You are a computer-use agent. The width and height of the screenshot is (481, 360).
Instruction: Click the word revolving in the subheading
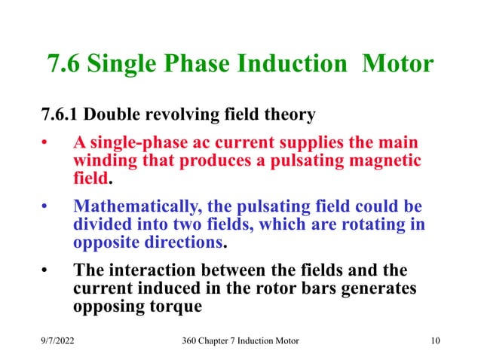[182, 115]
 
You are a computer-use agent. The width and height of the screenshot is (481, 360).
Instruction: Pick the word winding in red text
[103, 162]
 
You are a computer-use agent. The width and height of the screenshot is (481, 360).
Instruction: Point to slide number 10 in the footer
[435, 341]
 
